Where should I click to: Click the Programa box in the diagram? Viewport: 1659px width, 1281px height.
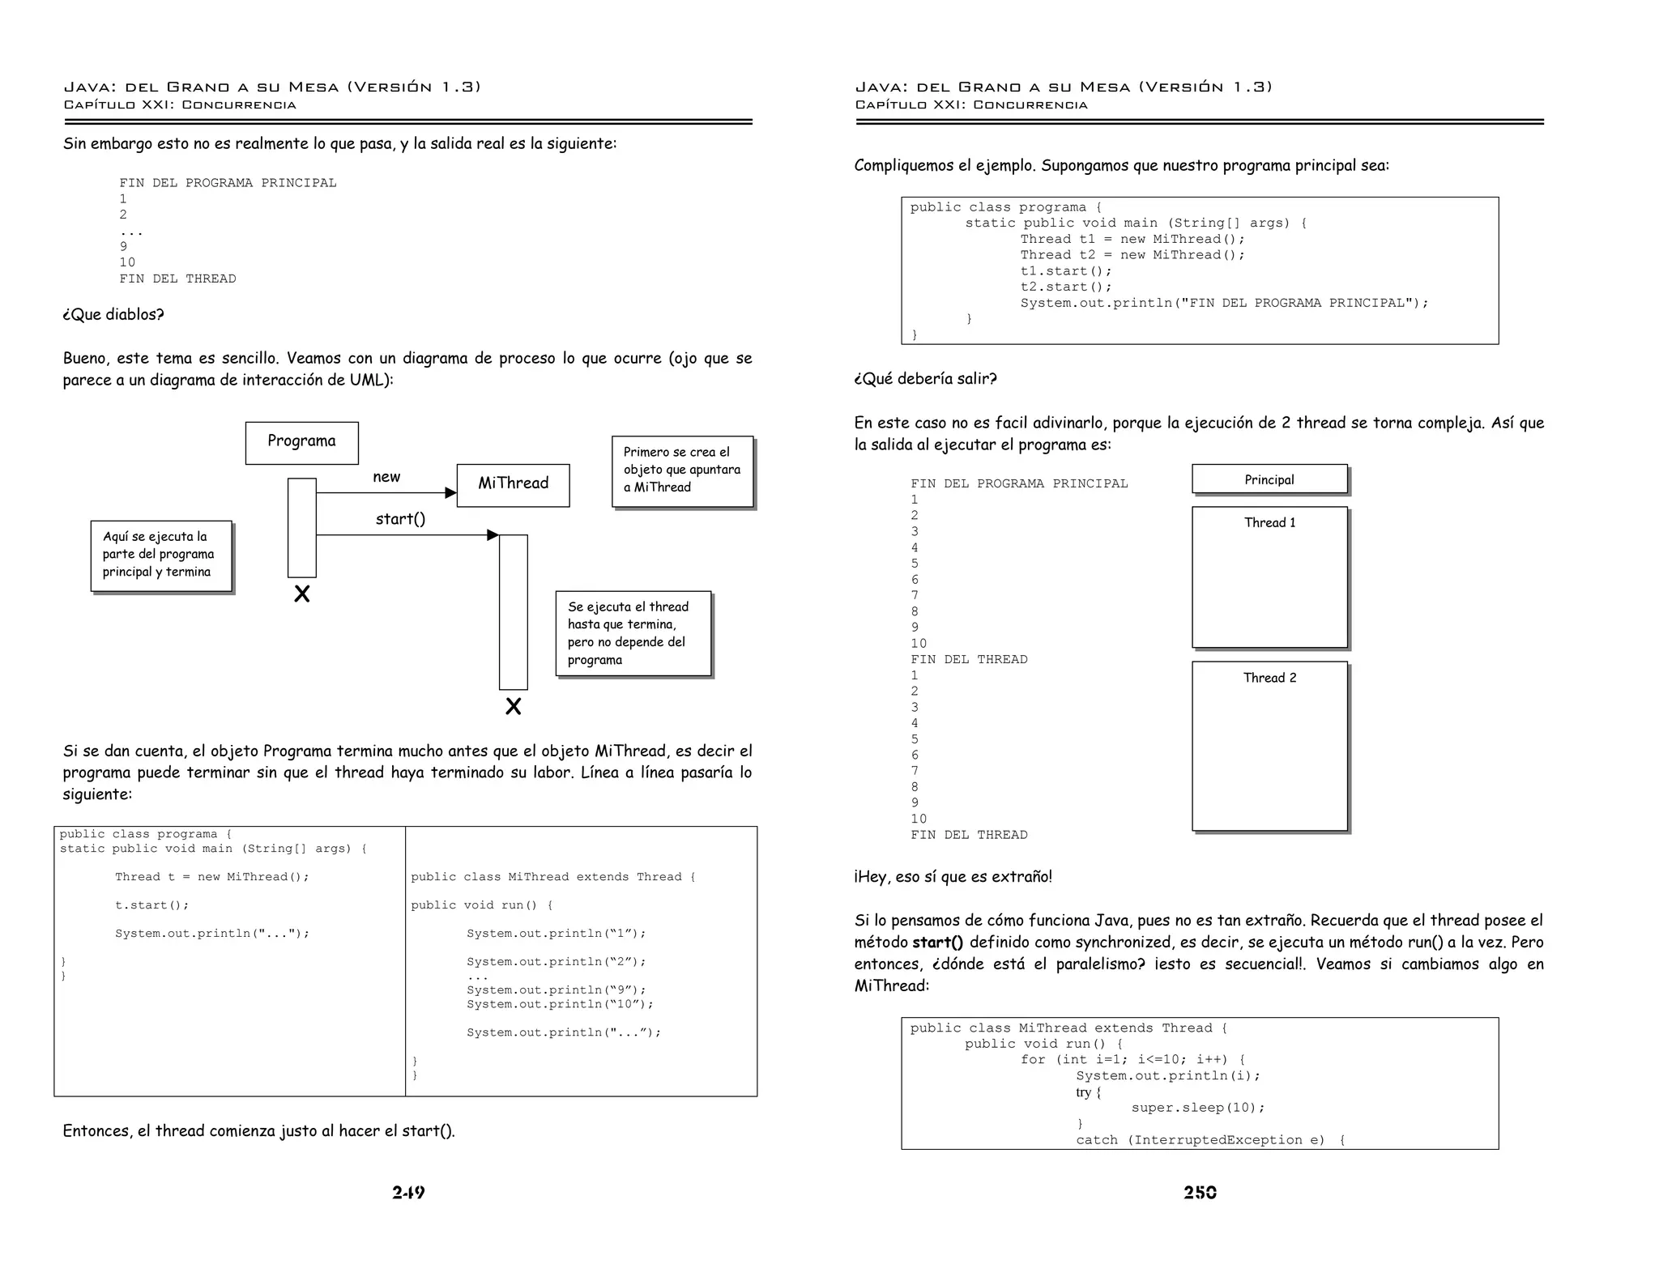point(301,442)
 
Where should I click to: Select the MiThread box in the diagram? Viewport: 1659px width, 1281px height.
point(513,484)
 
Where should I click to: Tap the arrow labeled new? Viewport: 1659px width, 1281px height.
point(386,492)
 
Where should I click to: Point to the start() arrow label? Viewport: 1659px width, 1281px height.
point(400,519)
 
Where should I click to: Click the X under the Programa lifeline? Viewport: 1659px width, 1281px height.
point(302,594)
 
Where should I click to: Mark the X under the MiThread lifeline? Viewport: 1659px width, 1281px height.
point(513,707)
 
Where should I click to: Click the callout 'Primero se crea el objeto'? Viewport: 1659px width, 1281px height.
point(682,470)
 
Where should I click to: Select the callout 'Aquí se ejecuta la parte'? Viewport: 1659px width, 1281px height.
point(160,555)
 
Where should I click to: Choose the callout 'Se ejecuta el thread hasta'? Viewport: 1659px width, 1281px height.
point(633,633)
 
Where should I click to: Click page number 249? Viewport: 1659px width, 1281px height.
point(408,1192)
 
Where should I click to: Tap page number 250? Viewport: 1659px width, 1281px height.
point(1200,1192)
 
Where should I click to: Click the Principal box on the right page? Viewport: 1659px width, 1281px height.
point(1269,479)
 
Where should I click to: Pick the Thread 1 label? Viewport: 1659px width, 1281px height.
point(1269,523)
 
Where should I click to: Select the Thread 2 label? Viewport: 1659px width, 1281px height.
point(1269,679)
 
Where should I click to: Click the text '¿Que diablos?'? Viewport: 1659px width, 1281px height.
point(113,315)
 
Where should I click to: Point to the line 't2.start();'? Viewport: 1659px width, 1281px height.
point(1065,287)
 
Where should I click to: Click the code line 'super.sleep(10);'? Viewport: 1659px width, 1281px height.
point(1197,1108)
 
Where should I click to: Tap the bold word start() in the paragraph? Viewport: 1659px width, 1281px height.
point(937,943)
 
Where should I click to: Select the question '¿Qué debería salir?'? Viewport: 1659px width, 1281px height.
point(925,379)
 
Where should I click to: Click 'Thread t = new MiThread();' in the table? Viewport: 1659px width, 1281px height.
point(211,877)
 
